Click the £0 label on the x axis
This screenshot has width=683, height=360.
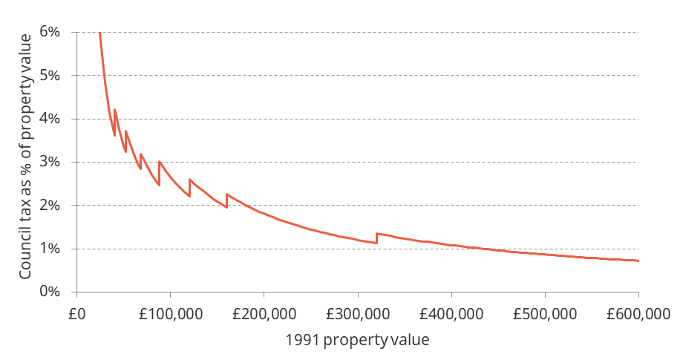(76, 313)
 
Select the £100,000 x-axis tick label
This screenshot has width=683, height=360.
(170, 313)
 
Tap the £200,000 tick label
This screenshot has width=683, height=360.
(264, 313)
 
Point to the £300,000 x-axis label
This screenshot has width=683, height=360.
(357, 313)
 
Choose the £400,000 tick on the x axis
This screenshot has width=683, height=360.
(451, 313)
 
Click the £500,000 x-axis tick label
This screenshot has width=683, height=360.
(544, 313)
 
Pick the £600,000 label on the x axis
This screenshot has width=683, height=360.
(638, 313)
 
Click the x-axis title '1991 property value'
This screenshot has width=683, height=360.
(357, 340)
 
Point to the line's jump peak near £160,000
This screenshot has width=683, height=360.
(226, 194)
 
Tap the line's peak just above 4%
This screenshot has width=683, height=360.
(114, 110)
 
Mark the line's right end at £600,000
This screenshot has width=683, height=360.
(638, 261)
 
